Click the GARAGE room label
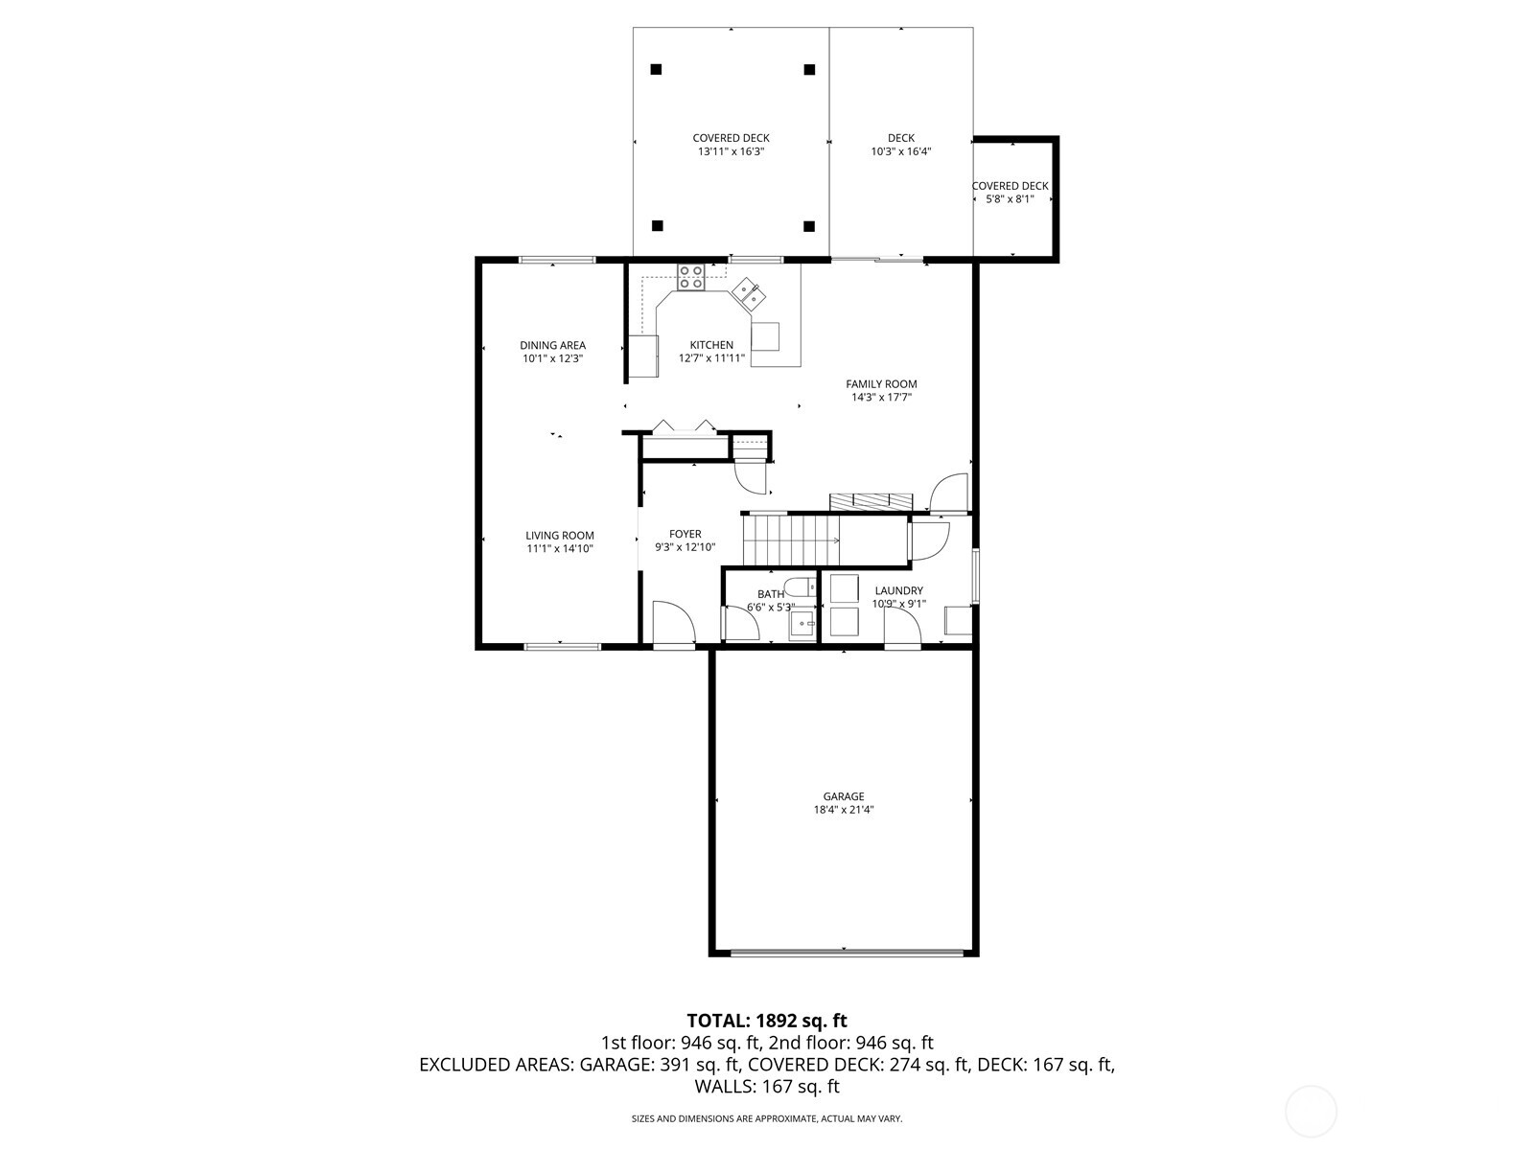(844, 796)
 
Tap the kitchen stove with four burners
(690, 277)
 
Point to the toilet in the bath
(800, 586)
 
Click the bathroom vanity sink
(802, 625)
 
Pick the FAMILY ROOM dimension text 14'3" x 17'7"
(880, 397)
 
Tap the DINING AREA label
(552, 345)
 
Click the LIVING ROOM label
(559, 536)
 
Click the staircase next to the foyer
(791, 540)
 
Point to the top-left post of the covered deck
(657, 69)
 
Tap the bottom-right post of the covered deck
(809, 226)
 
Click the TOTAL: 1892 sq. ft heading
(767, 1021)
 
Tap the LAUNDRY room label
(898, 591)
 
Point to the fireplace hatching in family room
(872, 501)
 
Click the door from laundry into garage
(902, 630)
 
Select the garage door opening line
(846, 953)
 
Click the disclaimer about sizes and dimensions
(767, 1118)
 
